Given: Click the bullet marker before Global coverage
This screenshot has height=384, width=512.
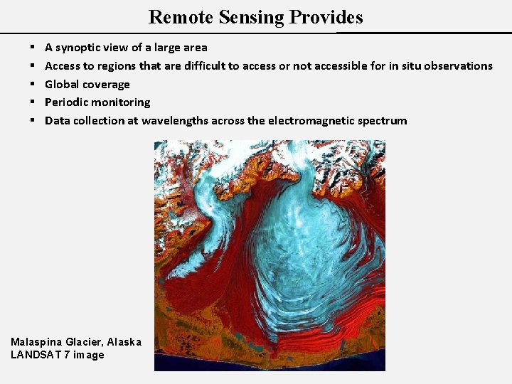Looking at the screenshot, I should point(33,84).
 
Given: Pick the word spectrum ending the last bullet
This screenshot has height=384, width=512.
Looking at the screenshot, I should point(384,121).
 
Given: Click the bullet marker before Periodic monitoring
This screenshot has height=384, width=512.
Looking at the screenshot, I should point(33,102).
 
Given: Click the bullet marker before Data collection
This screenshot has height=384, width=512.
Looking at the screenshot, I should point(33,121).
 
